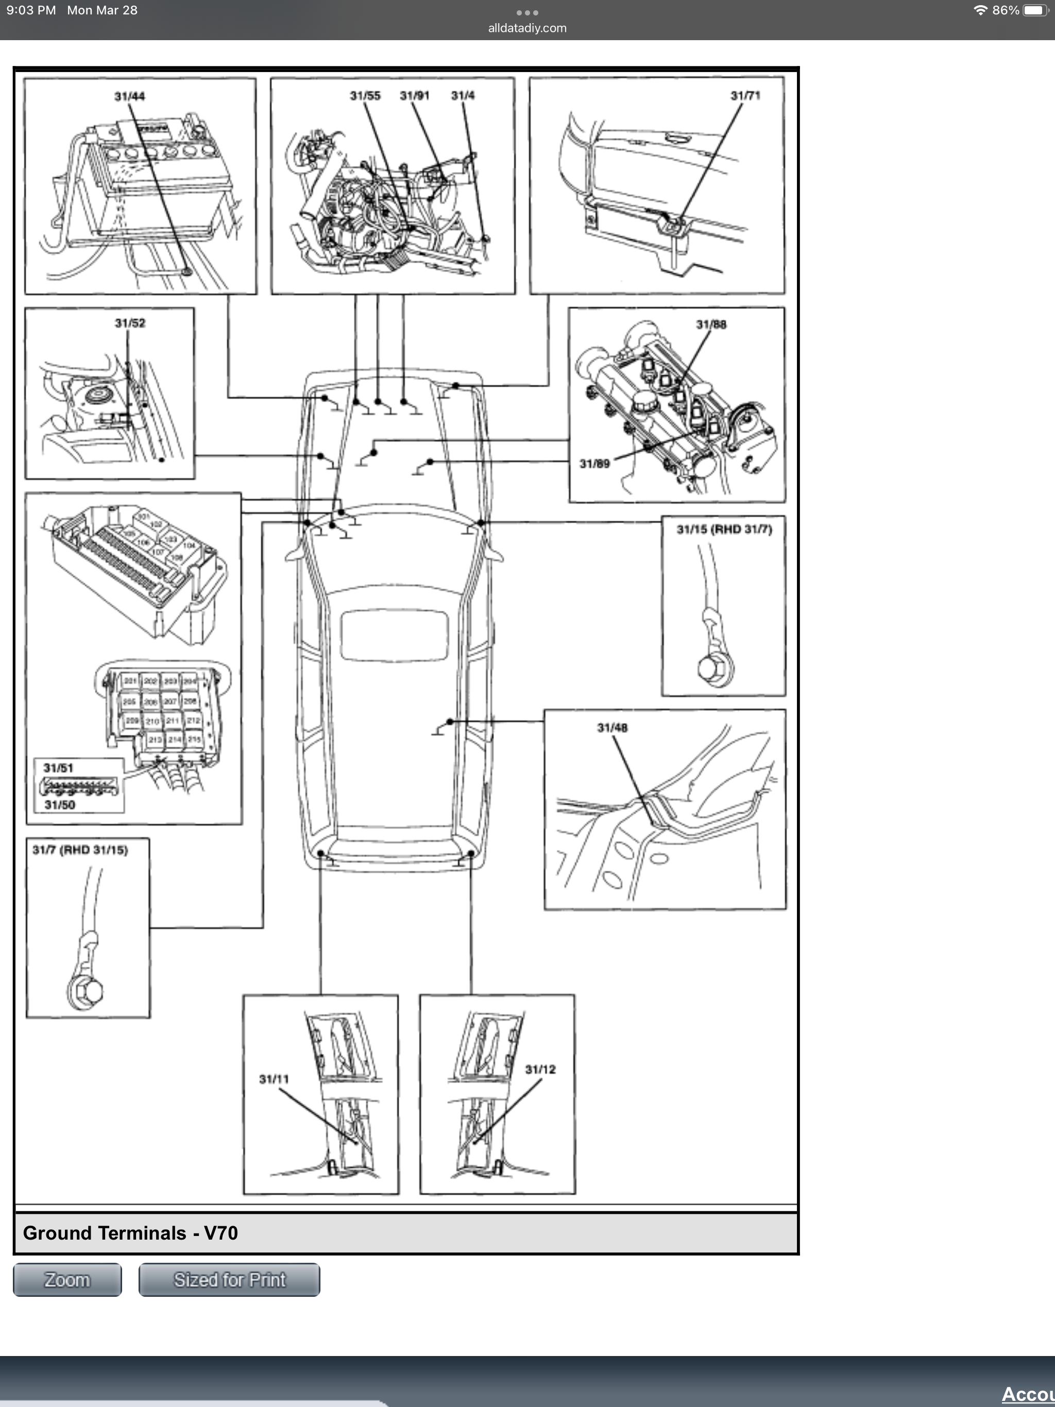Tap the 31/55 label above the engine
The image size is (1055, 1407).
(x=365, y=96)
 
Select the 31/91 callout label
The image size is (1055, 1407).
(x=414, y=96)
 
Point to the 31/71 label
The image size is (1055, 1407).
(x=745, y=96)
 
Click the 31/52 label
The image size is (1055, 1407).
(x=130, y=323)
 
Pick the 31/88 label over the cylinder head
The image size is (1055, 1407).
(x=711, y=324)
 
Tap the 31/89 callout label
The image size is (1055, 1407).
(x=594, y=464)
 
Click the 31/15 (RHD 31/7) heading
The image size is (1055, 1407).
(x=724, y=529)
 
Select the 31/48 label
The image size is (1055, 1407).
(x=612, y=728)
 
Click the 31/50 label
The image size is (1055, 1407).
(x=60, y=804)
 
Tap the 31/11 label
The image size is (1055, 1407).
(x=274, y=1079)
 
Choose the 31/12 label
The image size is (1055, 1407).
(x=540, y=1069)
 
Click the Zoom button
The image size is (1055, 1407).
(x=67, y=1279)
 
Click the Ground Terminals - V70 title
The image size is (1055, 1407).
(x=130, y=1233)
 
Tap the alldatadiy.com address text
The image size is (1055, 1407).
(x=527, y=28)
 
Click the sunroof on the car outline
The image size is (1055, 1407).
(x=394, y=635)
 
